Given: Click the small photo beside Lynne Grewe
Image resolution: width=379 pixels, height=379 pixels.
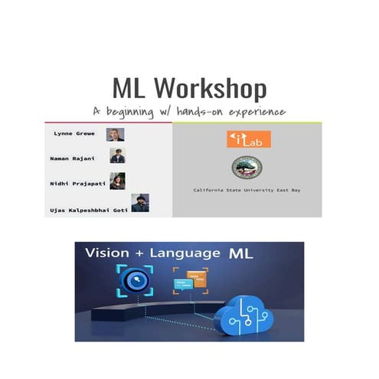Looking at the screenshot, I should [115, 135].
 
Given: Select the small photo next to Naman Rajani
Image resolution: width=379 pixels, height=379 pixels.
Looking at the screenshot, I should [117, 156].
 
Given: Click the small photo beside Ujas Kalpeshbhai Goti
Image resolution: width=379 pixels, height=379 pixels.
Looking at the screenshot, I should [139, 203].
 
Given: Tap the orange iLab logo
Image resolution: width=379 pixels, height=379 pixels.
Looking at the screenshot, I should [249, 139].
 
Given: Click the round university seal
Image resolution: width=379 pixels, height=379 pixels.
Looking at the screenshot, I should [244, 168].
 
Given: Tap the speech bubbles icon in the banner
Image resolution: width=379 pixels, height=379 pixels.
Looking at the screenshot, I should [190, 281].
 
